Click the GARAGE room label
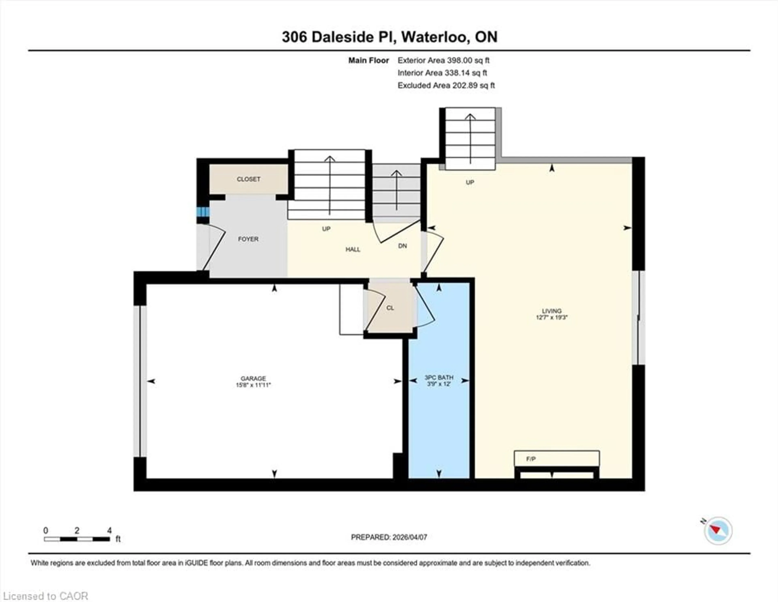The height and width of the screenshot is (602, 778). coord(253,378)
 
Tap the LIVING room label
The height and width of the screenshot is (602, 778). coord(551,311)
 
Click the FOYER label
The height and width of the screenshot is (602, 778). coord(248,239)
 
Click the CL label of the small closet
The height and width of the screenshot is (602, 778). coord(390,308)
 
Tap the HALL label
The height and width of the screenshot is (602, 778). coord(353,250)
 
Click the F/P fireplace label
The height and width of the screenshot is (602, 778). coord(531,459)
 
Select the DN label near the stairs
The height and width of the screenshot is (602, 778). coord(402,246)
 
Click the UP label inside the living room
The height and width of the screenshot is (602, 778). coord(470,182)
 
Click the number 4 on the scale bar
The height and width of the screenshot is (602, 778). coord(109,530)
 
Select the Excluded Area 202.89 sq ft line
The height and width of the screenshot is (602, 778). coord(446,86)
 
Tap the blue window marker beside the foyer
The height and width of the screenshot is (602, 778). coord(203,212)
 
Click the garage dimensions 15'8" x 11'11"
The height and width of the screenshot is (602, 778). coord(253,385)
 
